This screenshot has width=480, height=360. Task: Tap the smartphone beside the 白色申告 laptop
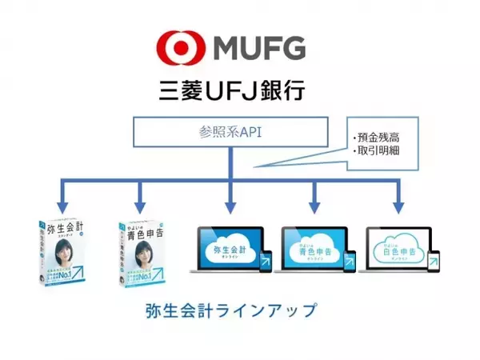(434, 262)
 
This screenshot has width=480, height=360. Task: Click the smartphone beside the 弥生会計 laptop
(266, 262)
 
